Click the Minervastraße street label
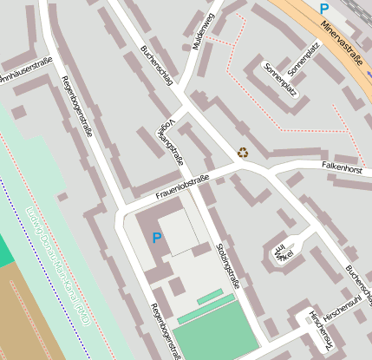point(341,43)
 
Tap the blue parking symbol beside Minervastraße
point(323,9)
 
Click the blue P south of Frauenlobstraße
point(157,238)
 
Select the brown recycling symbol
point(243,153)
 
